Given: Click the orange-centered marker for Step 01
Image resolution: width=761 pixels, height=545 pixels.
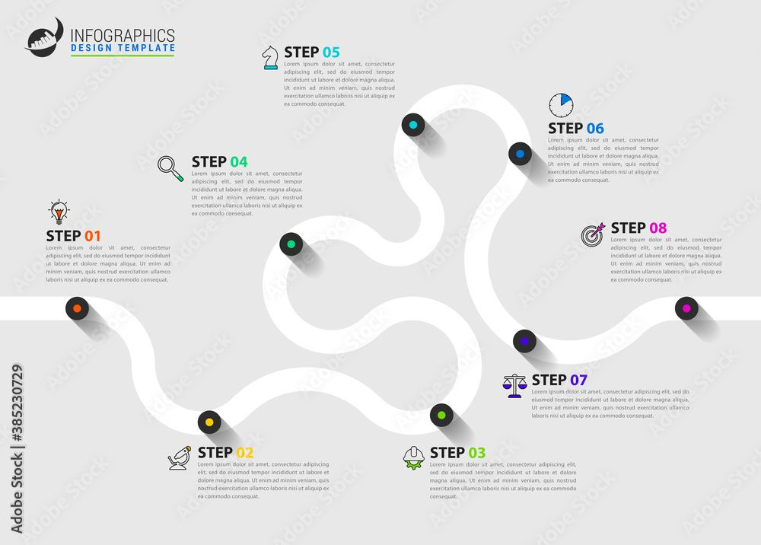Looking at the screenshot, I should click(x=76, y=308).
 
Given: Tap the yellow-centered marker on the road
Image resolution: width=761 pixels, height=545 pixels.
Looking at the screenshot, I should click(x=209, y=422).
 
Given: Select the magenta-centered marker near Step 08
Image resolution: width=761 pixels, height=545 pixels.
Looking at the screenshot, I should click(x=686, y=308).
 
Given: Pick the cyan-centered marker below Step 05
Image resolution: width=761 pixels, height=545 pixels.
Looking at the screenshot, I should click(x=413, y=125).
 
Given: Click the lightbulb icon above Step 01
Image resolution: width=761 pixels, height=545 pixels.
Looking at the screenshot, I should click(x=59, y=212).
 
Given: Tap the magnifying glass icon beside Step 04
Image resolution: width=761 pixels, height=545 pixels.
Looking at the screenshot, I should click(x=170, y=167).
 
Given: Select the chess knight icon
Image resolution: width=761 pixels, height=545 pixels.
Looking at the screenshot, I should click(x=270, y=57).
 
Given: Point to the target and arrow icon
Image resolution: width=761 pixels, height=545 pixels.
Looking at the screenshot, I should click(x=593, y=233).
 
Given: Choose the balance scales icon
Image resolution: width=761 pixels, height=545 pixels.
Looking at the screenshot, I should click(x=514, y=385).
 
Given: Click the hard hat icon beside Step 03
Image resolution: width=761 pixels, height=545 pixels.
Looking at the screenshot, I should click(x=414, y=457).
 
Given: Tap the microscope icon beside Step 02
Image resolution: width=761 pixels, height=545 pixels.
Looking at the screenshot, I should click(x=180, y=458).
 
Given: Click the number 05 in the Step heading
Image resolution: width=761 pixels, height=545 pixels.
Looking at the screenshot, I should click(x=331, y=52).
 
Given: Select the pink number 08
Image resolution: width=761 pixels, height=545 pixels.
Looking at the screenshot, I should click(x=658, y=228).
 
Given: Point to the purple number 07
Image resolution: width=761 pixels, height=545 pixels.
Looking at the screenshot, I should click(x=578, y=379).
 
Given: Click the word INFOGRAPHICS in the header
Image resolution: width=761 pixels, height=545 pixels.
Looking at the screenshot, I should click(x=123, y=35).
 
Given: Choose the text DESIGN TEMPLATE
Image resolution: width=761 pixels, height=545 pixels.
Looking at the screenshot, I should click(x=122, y=48).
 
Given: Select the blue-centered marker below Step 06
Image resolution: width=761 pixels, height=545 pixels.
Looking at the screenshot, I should click(x=520, y=153).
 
